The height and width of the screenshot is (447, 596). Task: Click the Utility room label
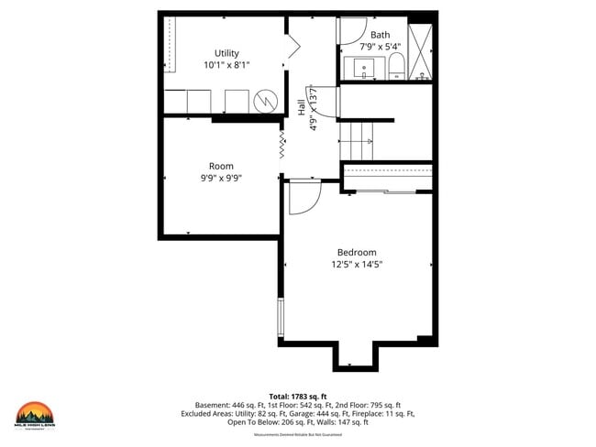click(x=226, y=53)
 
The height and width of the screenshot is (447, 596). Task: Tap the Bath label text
click(x=380, y=35)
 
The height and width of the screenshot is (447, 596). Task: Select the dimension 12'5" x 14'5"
click(x=357, y=265)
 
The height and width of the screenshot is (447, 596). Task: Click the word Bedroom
click(x=357, y=252)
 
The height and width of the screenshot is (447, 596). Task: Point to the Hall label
click(x=302, y=108)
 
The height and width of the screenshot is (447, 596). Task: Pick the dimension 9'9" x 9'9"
click(x=221, y=179)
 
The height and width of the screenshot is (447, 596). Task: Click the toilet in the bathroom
click(x=396, y=66)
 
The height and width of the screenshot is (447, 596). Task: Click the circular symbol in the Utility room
click(x=265, y=98)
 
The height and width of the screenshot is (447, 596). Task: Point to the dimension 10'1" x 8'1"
click(x=226, y=65)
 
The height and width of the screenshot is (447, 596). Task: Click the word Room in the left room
click(x=221, y=167)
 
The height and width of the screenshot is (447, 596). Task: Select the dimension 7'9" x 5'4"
click(x=380, y=46)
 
